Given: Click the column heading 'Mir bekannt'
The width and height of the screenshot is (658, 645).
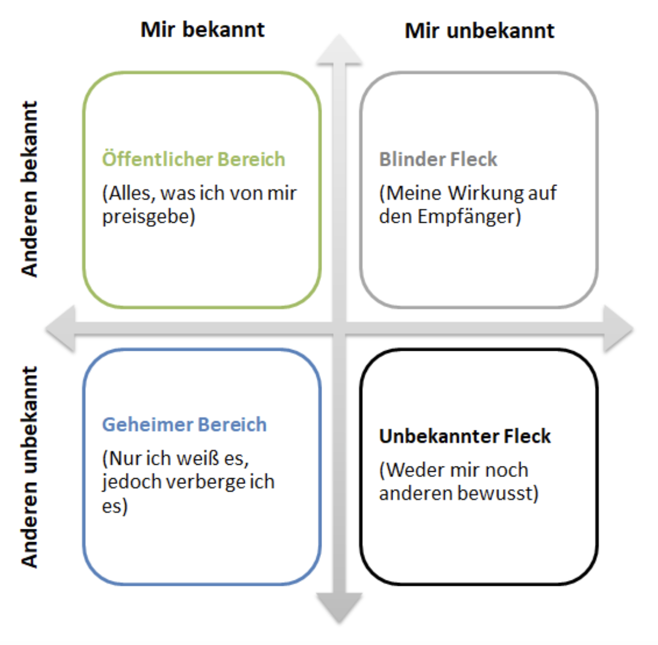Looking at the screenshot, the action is (x=203, y=30).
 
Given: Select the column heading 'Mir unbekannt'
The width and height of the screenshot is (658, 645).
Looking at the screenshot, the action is (x=479, y=31).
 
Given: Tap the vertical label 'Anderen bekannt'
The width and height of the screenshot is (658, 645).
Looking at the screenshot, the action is (x=29, y=189).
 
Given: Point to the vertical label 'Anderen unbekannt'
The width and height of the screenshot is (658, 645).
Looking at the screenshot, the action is (x=29, y=467).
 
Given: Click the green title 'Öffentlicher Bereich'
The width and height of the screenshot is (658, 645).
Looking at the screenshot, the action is (x=194, y=159).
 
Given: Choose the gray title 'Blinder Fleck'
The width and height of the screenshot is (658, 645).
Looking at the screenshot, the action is (x=438, y=159).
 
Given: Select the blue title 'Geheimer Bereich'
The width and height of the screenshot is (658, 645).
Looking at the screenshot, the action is (x=184, y=425).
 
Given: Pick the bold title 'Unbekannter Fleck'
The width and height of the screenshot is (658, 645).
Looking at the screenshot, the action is (x=465, y=437).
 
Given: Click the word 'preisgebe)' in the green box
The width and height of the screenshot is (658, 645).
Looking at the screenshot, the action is (x=149, y=217).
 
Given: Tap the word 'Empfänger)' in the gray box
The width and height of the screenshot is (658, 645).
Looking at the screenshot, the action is (x=469, y=217).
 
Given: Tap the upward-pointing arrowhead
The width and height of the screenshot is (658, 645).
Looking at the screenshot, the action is (x=339, y=49).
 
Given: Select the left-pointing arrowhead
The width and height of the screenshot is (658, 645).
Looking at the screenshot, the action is (x=60, y=328).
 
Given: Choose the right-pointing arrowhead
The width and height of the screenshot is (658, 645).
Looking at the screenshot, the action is (x=619, y=329).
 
